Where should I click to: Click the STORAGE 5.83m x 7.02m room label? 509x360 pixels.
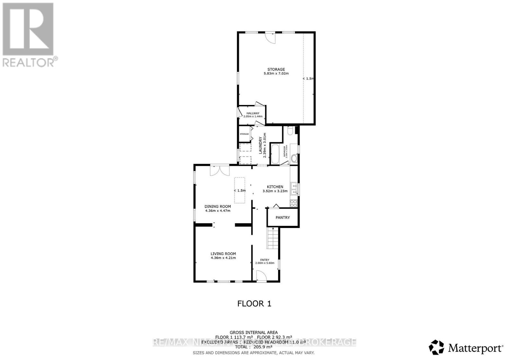tap(276, 71)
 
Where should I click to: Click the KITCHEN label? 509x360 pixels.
tap(275, 187)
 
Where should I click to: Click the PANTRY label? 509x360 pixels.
tap(283, 218)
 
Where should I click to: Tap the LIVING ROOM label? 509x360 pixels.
tap(223, 254)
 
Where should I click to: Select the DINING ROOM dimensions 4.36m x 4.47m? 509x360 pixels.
tap(217, 211)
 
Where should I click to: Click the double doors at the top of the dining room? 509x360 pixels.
tap(220, 170)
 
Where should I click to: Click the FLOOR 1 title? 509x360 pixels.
tap(254, 304)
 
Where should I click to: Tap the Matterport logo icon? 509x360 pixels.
tap(436, 347)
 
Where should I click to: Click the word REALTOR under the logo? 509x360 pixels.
tap(29, 62)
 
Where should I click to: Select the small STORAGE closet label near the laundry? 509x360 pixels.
tap(244, 134)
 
